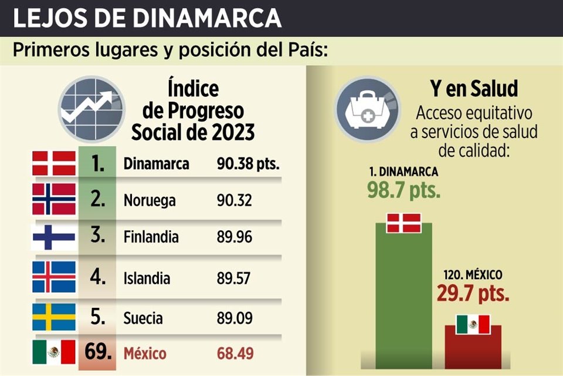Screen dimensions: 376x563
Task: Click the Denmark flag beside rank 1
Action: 53,163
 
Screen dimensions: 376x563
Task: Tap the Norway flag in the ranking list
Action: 53,199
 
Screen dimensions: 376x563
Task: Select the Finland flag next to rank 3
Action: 53,237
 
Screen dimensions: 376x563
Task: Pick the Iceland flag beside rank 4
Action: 53,276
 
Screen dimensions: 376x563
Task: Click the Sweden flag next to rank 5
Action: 53,317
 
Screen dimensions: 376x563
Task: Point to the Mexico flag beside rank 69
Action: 53,352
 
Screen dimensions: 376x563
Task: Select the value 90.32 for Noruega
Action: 235,200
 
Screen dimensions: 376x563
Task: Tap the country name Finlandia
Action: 151,238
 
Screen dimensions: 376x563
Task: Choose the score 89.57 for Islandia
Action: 235,277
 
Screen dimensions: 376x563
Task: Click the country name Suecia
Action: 143,318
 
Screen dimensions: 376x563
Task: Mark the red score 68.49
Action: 235,354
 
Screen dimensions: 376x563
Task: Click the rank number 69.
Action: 97,353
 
